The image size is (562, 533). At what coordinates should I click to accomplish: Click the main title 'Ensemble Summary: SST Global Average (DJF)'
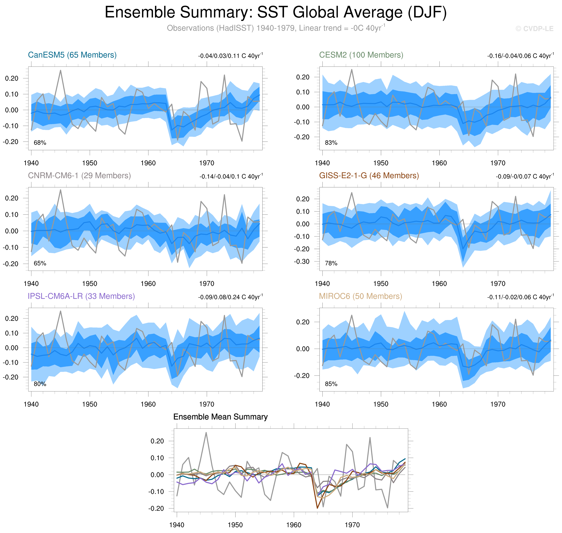click(275, 13)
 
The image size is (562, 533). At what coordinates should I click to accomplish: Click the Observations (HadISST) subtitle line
click(275, 28)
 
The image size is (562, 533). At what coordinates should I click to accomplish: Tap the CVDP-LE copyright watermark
click(534, 29)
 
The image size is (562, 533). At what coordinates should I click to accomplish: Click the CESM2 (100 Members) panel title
click(361, 55)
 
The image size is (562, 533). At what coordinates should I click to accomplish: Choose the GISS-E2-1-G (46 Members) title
click(369, 176)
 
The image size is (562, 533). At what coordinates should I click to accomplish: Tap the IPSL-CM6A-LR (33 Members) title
click(81, 296)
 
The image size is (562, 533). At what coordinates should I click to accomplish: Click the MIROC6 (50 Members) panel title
click(360, 296)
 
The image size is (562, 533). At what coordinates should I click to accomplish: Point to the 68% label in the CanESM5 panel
click(40, 143)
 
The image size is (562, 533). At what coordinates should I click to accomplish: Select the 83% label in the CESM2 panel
click(331, 143)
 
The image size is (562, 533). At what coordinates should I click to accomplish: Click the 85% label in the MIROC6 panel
click(331, 384)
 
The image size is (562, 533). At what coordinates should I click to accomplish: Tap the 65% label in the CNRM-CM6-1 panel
click(40, 263)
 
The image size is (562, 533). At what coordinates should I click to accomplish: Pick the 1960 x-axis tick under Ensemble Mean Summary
click(294, 525)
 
